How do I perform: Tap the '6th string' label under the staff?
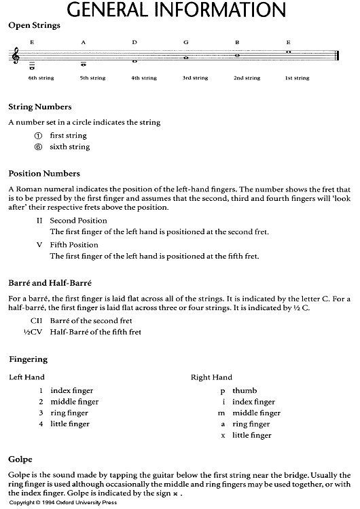(x=41, y=78)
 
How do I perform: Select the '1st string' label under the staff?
(x=297, y=78)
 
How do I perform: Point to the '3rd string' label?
(x=195, y=78)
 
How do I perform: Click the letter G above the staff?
(x=185, y=42)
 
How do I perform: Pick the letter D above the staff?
(x=134, y=42)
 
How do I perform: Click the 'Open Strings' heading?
(x=34, y=26)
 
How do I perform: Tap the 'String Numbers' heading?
(x=40, y=107)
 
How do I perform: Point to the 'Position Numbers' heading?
(x=44, y=174)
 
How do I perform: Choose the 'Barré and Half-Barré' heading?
(x=50, y=282)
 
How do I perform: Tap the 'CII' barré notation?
(x=37, y=320)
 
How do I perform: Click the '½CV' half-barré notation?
(x=34, y=332)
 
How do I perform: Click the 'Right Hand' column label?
(x=212, y=377)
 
